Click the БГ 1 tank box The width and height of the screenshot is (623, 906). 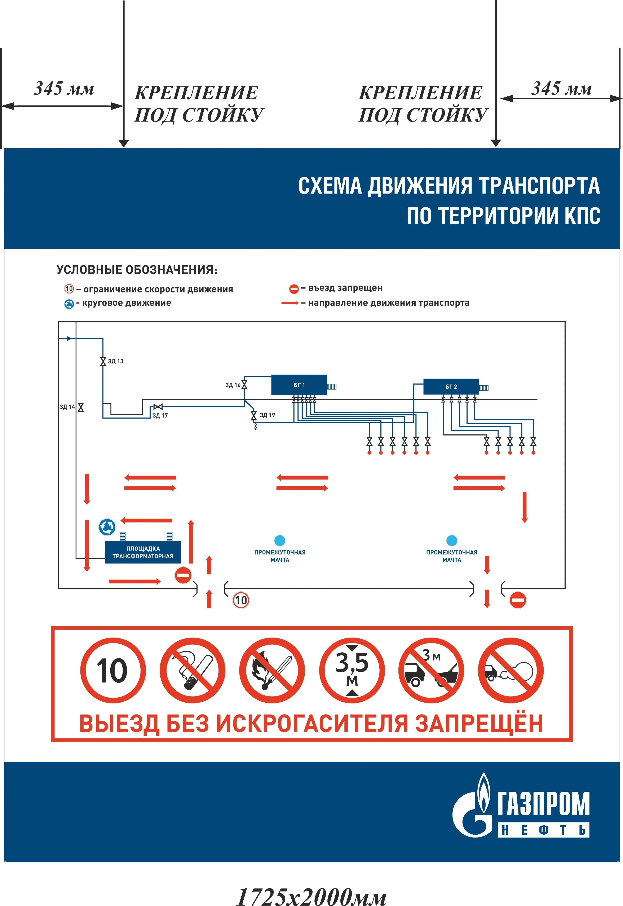click(299, 385)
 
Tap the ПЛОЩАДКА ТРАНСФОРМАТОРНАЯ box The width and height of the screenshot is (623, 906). click(143, 552)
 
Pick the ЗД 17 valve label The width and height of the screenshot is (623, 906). click(160, 415)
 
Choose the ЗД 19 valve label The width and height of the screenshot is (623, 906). click(267, 415)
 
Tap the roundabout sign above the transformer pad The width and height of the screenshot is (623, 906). click(107, 527)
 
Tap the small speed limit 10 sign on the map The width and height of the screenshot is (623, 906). click(241, 600)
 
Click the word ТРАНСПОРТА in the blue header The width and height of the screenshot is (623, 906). click(539, 186)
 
